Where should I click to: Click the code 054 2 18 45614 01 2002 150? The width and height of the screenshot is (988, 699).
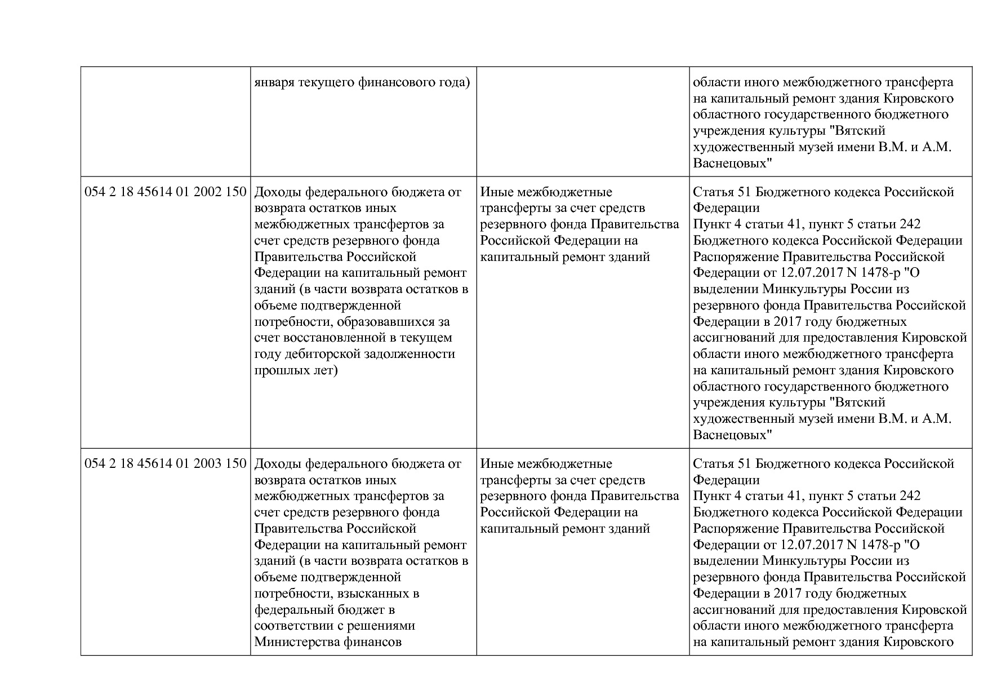pos(166,192)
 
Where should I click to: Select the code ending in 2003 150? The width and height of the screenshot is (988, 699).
pos(166,464)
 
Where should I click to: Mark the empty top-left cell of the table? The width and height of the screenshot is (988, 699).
pos(166,122)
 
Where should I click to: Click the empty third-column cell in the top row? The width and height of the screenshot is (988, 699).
pos(582,122)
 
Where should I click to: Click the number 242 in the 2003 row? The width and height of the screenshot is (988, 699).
pos(910,496)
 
